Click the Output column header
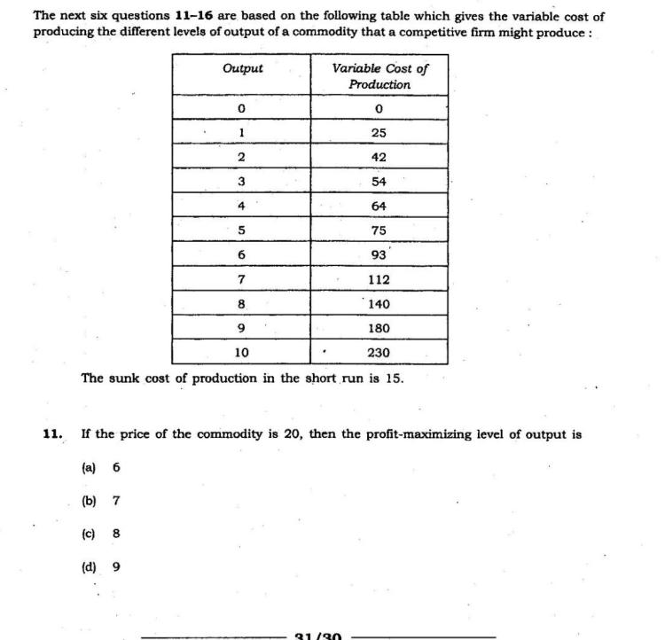click(x=242, y=68)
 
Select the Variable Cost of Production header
click(x=379, y=76)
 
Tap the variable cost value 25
click(x=379, y=133)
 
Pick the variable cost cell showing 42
click(x=379, y=157)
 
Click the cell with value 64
click(x=379, y=206)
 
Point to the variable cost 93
click(x=379, y=254)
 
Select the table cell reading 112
click(x=379, y=279)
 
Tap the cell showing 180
click(x=379, y=328)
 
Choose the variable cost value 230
click(x=379, y=352)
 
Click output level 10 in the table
click(x=241, y=352)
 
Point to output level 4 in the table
click(x=241, y=206)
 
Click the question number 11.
click(x=52, y=434)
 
